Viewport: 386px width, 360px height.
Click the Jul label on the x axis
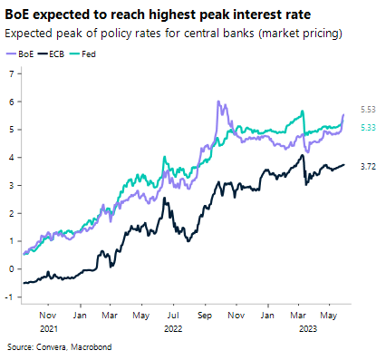pos(172,316)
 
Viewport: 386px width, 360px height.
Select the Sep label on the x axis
pos(205,316)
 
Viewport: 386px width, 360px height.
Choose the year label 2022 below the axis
pos(172,329)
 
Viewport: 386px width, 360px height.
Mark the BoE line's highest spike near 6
pos(218,102)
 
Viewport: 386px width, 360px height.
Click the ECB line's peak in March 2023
pos(303,155)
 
